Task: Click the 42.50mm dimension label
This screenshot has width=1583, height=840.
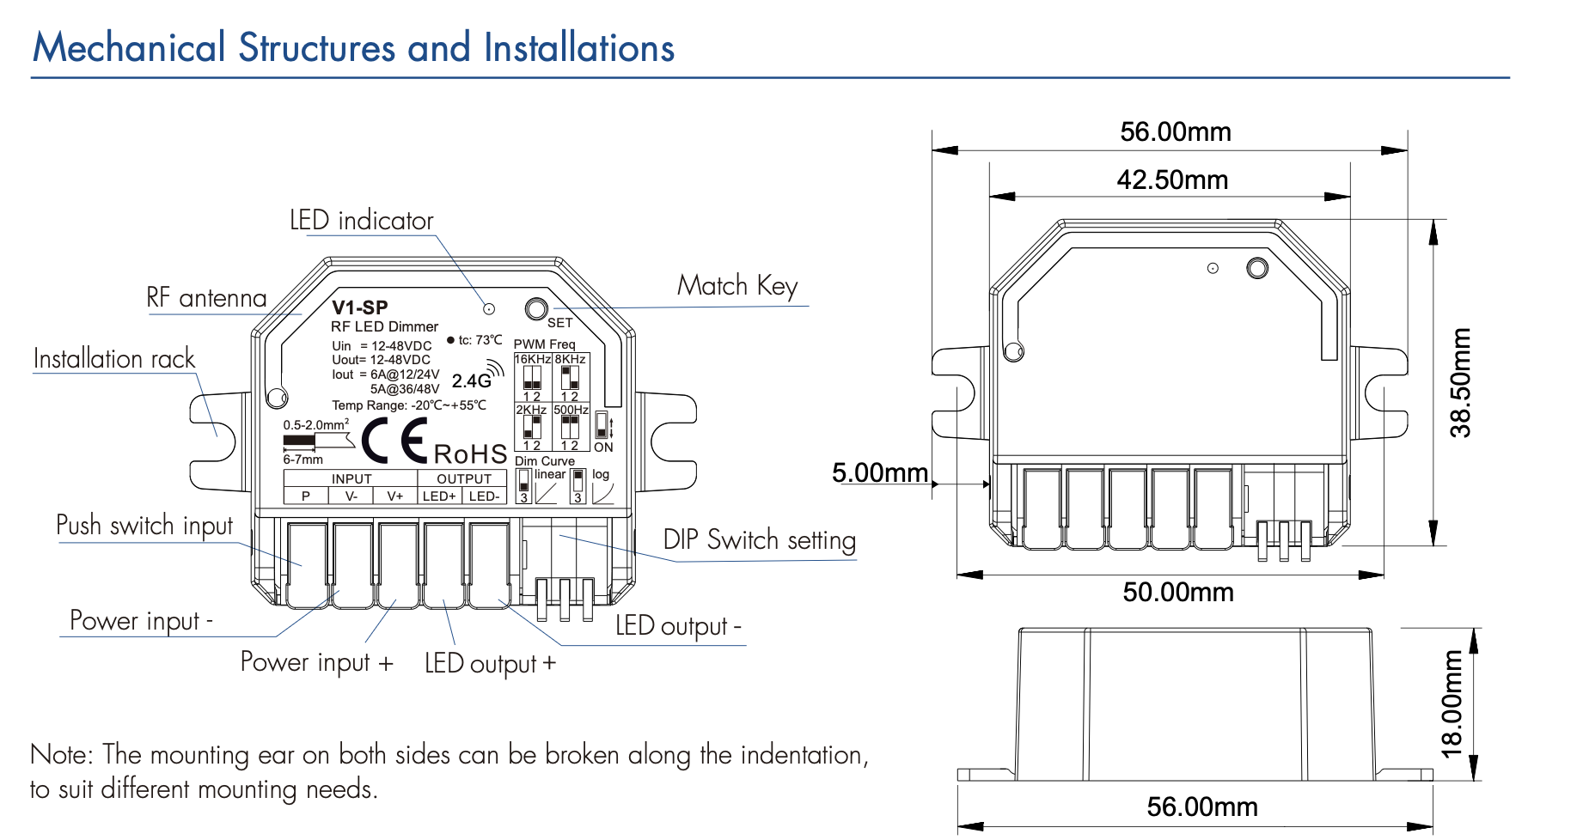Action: (x=1172, y=180)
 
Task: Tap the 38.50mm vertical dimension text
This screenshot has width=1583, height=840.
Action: (x=1461, y=382)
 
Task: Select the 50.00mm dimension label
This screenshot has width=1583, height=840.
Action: (x=1177, y=593)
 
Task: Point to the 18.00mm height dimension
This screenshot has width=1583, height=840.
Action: (x=1452, y=704)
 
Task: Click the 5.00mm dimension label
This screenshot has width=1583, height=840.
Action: (x=879, y=473)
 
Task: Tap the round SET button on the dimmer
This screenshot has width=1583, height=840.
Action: (x=535, y=309)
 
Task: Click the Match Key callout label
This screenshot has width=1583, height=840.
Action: (x=737, y=286)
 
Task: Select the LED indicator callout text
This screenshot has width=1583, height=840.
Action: (x=361, y=221)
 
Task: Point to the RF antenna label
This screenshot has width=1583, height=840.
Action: (x=206, y=298)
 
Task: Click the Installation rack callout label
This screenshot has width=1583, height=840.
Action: (x=114, y=359)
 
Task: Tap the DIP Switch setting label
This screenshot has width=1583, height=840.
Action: (x=759, y=540)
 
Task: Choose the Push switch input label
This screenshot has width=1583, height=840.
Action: (x=144, y=525)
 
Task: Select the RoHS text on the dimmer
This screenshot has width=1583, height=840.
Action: (x=470, y=453)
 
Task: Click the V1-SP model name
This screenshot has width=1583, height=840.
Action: (x=360, y=307)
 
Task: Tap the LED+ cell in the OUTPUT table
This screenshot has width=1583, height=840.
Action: (x=439, y=496)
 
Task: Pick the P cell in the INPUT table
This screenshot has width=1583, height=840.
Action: (x=305, y=496)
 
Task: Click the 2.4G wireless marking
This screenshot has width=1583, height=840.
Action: (x=472, y=380)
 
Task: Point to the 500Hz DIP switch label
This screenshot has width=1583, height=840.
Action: (x=571, y=410)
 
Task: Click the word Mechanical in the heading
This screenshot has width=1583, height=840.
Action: (x=129, y=48)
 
